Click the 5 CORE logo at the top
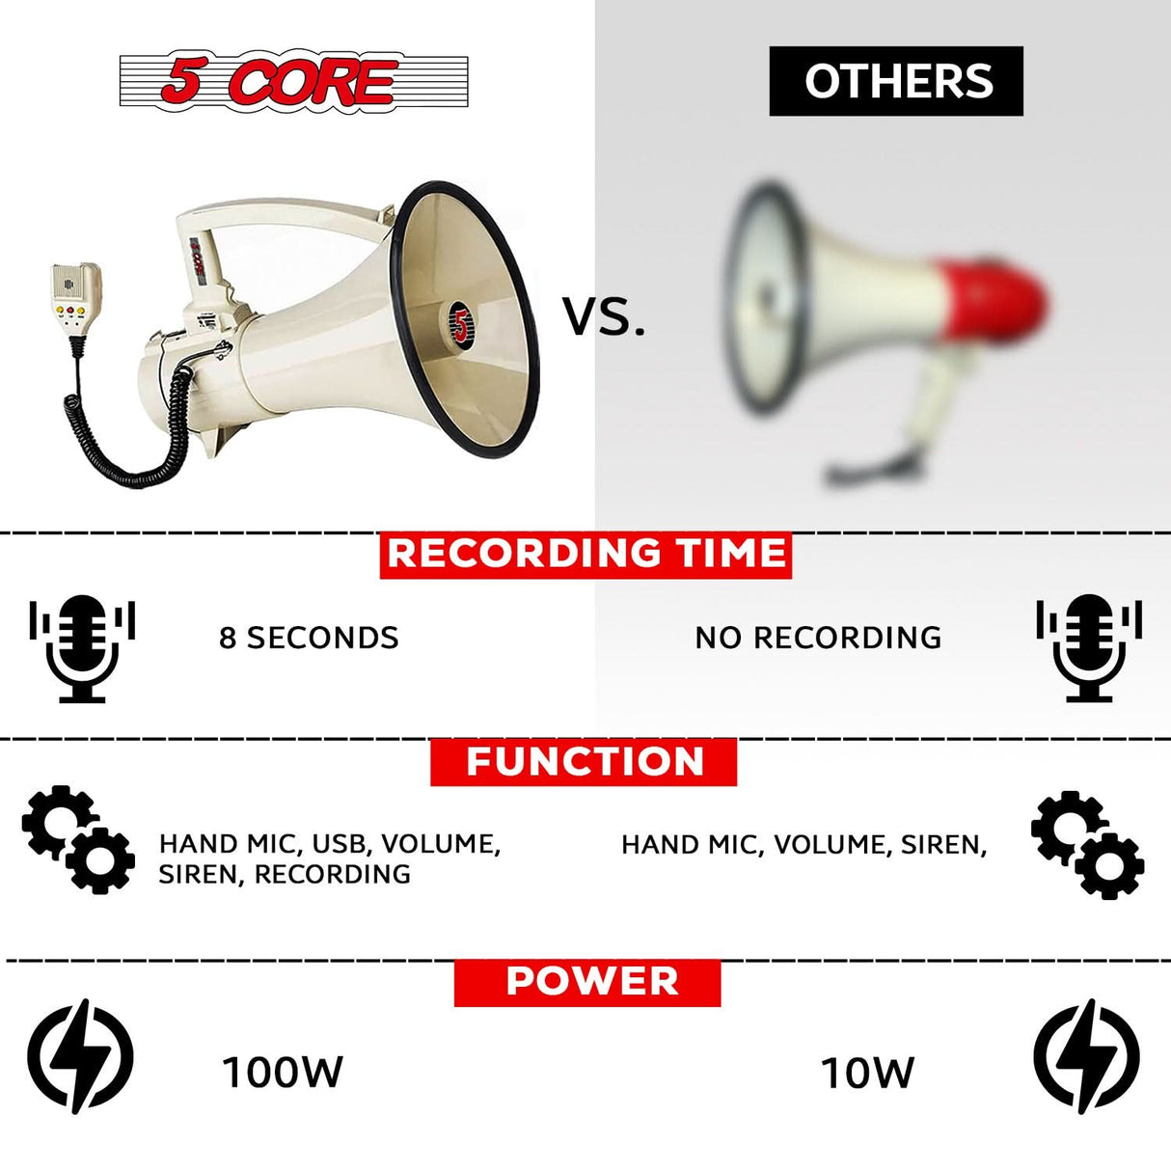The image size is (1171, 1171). [x=293, y=81]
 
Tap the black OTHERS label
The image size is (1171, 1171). [x=896, y=81]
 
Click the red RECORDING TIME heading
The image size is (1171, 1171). [x=585, y=555]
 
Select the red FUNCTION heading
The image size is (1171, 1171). [x=585, y=762]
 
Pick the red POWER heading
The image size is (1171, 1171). [x=587, y=982]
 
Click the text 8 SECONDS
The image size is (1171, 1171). [x=309, y=638]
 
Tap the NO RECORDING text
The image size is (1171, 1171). [x=818, y=638]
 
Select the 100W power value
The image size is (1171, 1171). [x=283, y=1072]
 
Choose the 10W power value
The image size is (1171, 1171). [x=867, y=1073]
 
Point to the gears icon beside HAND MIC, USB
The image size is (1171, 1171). [x=78, y=838]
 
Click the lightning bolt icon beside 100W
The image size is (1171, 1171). [x=80, y=1056]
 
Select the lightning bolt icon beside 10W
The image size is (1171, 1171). [x=1086, y=1056]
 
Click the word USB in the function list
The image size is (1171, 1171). [x=342, y=844]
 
